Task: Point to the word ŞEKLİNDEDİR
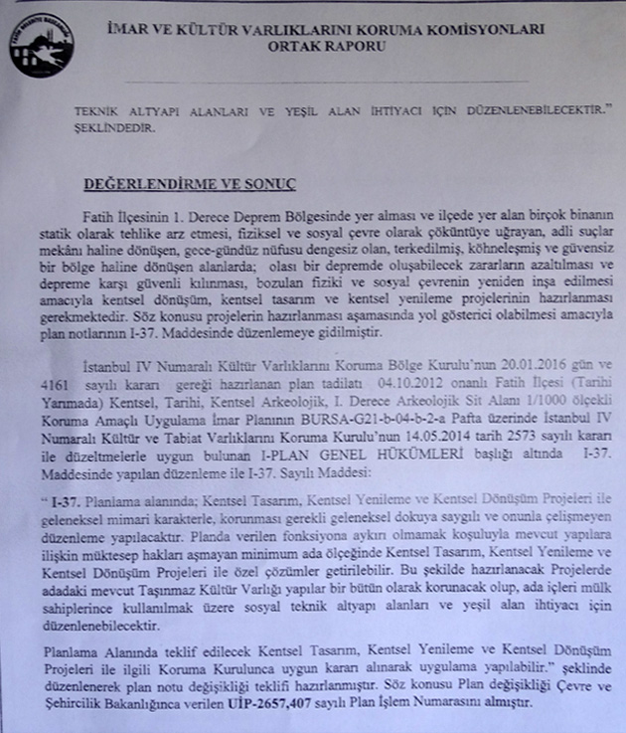115,128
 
